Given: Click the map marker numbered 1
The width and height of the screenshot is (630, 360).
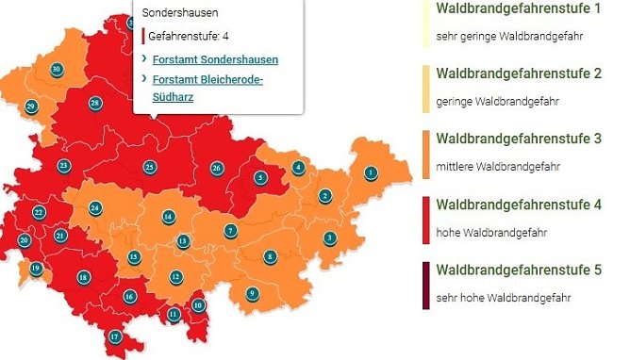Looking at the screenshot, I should (x=371, y=172).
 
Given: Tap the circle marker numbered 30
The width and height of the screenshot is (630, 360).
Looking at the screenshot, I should (x=57, y=70).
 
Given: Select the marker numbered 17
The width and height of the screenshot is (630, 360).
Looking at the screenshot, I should (x=115, y=336).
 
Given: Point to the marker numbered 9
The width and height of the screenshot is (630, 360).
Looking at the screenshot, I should (x=252, y=293).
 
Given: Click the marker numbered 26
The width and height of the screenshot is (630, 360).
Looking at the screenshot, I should (x=217, y=169).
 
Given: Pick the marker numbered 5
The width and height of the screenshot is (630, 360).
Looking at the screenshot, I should (x=259, y=177).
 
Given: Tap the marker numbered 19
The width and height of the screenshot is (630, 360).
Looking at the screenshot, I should (x=36, y=269).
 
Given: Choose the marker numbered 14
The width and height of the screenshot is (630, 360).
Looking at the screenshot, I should (x=168, y=217).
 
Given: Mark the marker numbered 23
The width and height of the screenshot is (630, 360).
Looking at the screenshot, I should (x=64, y=166).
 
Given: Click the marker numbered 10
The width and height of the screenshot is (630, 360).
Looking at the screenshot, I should (x=198, y=303).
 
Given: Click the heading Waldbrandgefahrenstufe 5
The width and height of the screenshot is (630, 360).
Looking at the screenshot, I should (x=518, y=270).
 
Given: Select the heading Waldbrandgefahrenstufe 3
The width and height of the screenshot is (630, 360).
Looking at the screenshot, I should (x=518, y=139).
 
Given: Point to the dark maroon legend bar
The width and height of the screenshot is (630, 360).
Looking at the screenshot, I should (x=425, y=286).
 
